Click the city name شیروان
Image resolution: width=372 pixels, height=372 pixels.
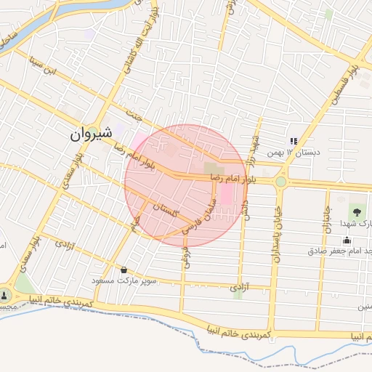[92, 134]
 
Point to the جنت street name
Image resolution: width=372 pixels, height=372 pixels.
[132, 115]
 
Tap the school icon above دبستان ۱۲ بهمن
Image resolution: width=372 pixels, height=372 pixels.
[294, 141]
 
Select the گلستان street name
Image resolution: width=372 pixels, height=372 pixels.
[166, 211]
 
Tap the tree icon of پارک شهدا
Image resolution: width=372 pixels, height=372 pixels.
[357, 211]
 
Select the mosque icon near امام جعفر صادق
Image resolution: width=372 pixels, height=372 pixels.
[347, 240]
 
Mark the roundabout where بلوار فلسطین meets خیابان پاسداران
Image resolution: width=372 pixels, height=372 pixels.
[280, 181]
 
